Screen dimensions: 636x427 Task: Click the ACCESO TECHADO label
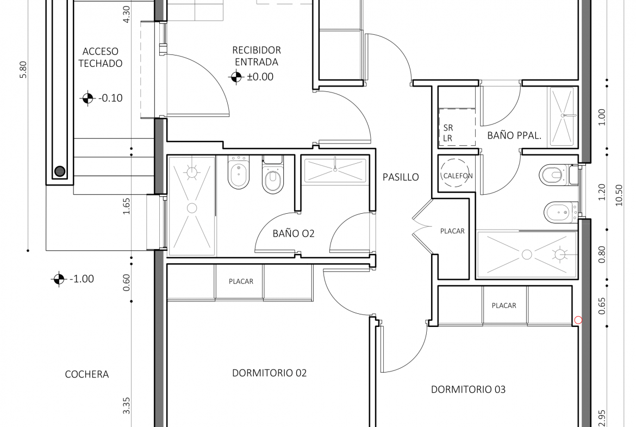pyautogui.click(x=100, y=57)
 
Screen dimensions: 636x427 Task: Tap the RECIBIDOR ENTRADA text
pyautogui.click(x=257, y=56)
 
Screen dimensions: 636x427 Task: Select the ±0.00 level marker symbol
pyautogui.click(x=236, y=77)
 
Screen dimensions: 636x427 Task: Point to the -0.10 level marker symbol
pyautogui.click(x=87, y=98)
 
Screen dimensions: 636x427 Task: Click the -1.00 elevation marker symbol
pyautogui.click(x=58, y=279)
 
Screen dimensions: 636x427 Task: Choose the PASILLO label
pyautogui.click(x=401, y=177)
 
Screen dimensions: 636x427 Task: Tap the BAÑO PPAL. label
pyautogui.click(x=514, y=135)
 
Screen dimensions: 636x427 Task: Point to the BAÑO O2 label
pyautogui.click(x=294, y=233)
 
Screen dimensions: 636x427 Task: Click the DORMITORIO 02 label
pyautogui.click(x=269, y=373)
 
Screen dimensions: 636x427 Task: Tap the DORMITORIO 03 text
pyautogui.click(x=468, y=389)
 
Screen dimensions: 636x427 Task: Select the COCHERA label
pyautogui.click(x=87, y=374)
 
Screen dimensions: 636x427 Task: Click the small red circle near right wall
pyautogui.click(x=578, y=320)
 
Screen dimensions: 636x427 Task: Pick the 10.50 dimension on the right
pyautogui.click(x=619, y=195)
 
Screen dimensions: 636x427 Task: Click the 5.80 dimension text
pyautogui.click(x=23, y=70)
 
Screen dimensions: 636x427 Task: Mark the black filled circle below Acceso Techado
pyautogui.click(x=60, y=171)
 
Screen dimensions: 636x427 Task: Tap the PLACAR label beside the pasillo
pyautogui.click(x=452, y=231)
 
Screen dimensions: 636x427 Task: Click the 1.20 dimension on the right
pyautogui.click(x=602, y=192)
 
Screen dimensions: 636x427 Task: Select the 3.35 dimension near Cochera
pyautogui.click(x=126, y=405)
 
